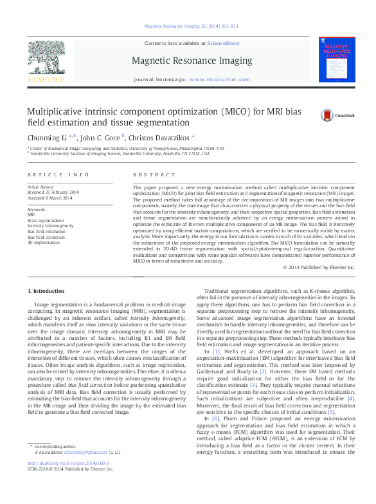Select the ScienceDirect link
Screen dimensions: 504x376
pyautogui.click(x=224, y=43)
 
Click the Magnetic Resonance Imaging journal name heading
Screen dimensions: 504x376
pyautogui.click(x=192, y=61)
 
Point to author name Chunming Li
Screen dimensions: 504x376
pyautogui.click(x=47, y=137)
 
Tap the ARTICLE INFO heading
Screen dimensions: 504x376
pyautogui.click(x=59, y=175)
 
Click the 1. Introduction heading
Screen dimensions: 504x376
pyautogui.click(x=48, y=291)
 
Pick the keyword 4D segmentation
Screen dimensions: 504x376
pyautogui.click(x=43, y=242)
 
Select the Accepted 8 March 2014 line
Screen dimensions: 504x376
pyautogui.click(x=49, y=198)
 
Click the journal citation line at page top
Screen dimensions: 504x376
pyautogui.click(x=191, y=26)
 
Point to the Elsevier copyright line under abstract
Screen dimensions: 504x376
pyautogui.click(x=318, y=267)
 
